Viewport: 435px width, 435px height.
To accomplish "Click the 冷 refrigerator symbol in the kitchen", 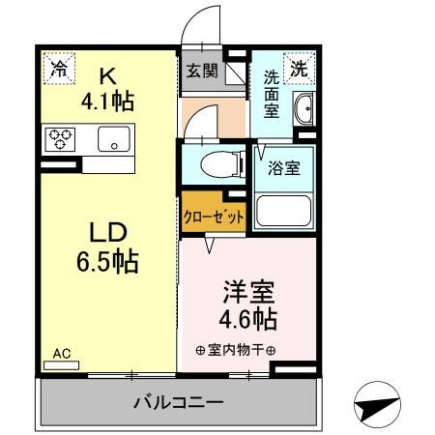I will click(59, 69).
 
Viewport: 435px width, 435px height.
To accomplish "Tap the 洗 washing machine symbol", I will click(301, 69).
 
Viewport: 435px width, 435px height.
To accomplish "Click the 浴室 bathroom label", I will click(283, 167).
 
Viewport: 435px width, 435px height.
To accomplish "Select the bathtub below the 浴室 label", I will click(283, 209).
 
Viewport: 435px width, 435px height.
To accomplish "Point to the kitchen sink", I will click(113, 140).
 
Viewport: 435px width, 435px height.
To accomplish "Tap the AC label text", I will click(61, 353).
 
